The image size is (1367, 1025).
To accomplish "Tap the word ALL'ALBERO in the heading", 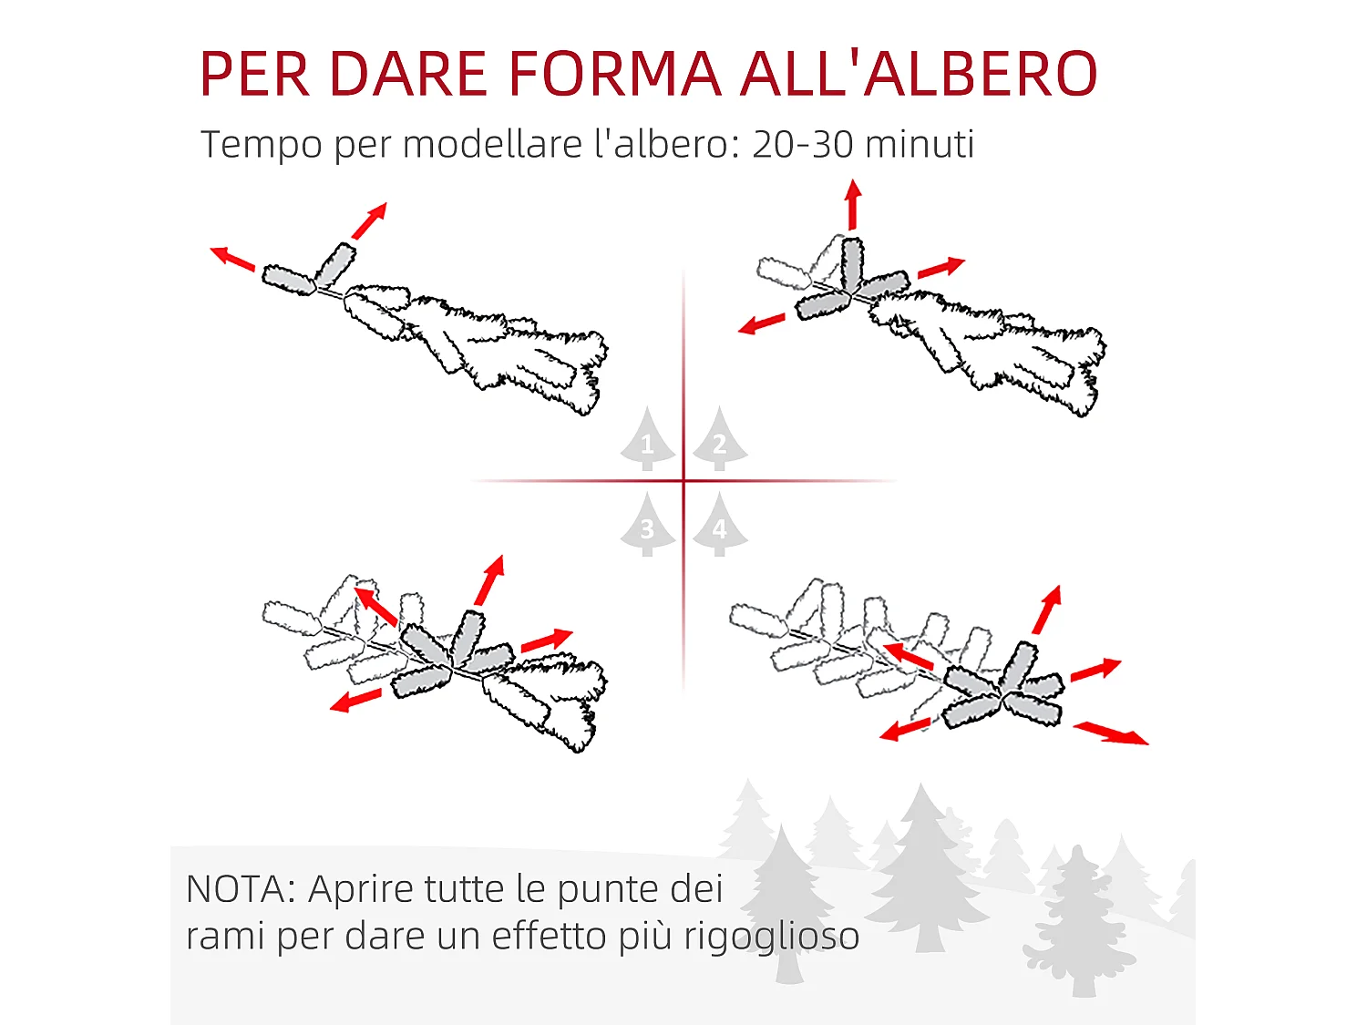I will click(x=919, y=74).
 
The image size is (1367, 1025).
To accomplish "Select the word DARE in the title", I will click(x=407, y=74).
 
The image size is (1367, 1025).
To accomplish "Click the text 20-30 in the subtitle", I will click(x=803, y=144).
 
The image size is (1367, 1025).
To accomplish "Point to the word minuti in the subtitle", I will click(x=920, y=144).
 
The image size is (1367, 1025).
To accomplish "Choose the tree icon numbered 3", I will click(x=648, y=526).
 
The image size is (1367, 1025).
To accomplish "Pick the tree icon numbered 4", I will click(x=720, y=526).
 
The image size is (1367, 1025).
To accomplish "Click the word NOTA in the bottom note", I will click(x=235, y=889).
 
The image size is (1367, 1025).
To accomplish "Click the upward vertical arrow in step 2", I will click(x=853, y=204).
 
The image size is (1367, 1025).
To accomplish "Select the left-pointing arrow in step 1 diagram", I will click(x=232, y=258).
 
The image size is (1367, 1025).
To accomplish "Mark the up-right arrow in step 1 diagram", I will click(x=369, y=220).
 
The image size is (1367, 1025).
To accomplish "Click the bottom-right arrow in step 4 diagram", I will click(x=1111, y=733).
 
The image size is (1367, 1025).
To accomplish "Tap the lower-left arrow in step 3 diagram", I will click(x=355, y=701).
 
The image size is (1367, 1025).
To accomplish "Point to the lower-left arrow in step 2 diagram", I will click(x=762, y=323).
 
